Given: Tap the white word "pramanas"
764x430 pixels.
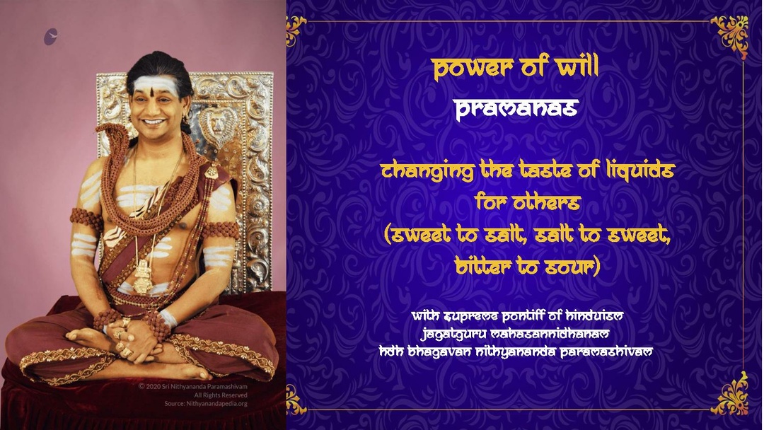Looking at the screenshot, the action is click(516, 109).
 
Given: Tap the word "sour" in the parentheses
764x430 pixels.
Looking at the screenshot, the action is click(569, 267).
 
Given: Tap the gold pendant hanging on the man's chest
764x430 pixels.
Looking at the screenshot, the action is click(143, 277).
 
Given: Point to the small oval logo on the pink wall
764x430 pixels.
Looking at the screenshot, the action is click(50, 37).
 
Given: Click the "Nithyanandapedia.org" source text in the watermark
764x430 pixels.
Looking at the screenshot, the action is click(206, 404).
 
